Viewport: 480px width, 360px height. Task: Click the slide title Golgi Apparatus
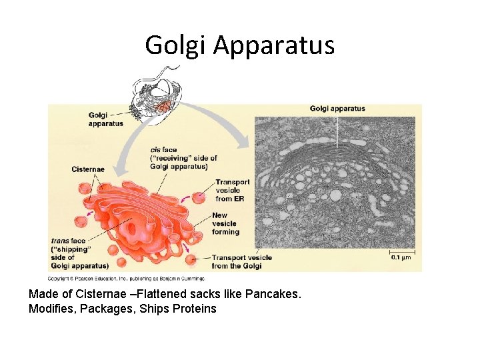(239, 45)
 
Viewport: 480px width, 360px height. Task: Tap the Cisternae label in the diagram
(88, 169)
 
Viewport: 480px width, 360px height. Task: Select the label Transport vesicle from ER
(232, 190)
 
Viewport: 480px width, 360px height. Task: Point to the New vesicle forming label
(225, 223)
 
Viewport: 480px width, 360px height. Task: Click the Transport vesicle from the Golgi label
(241, 261)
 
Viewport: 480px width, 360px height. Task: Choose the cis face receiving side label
(183, 158)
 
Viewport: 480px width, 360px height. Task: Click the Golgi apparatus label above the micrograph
(337, 109)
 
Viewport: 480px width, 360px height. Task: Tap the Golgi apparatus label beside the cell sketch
(105, 119)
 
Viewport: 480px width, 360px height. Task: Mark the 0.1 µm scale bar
(403, 254)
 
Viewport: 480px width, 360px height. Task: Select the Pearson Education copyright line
(126, 278)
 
